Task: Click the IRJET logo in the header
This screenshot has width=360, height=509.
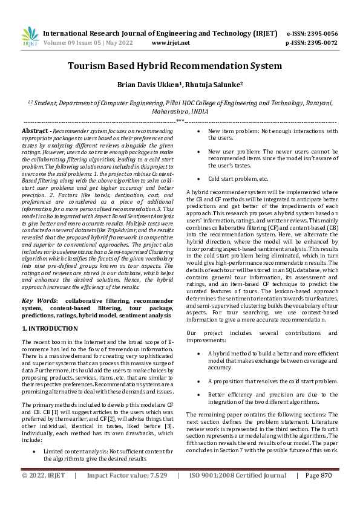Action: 30,37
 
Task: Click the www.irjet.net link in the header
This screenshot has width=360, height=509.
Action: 170,43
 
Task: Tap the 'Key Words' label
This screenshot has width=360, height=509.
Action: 38,300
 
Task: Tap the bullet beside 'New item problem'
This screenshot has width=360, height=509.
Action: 201,131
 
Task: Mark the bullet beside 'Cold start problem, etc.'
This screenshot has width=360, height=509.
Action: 201,179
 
